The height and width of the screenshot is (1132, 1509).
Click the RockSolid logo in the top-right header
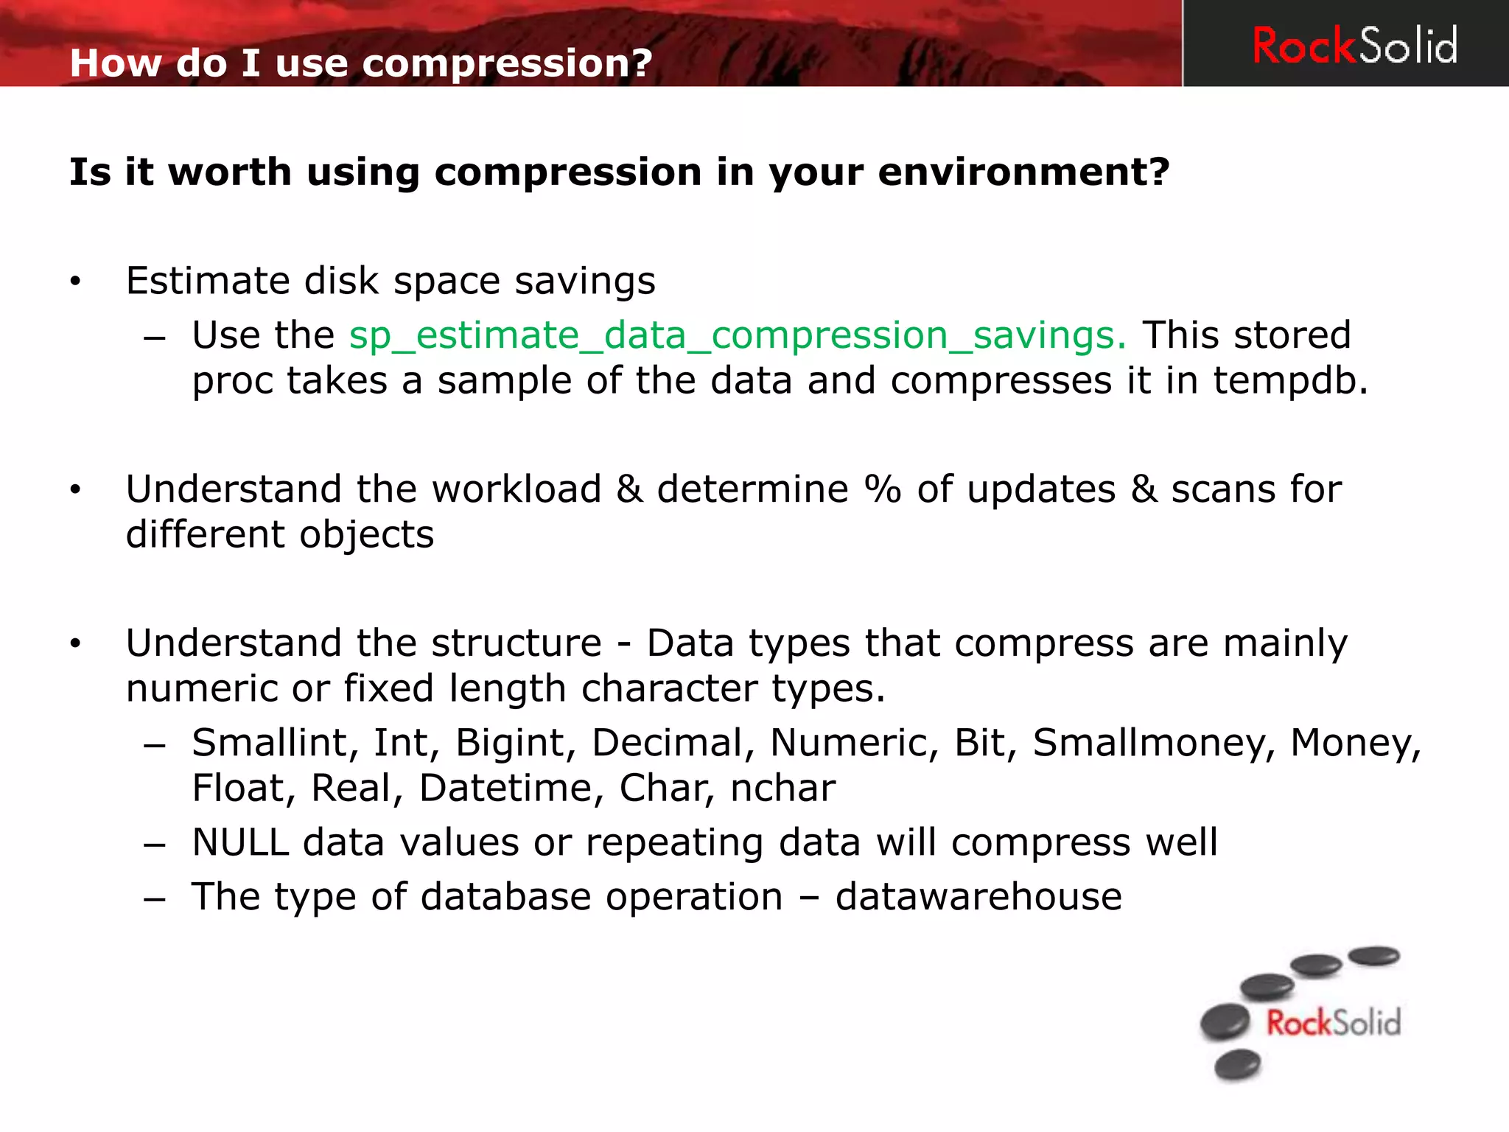pyautogui.click(x=1354, y=46)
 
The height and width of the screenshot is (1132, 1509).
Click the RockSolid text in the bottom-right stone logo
pyautogui.click(x=1333, y=1023)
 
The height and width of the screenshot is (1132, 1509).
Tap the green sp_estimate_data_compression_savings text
pyautogui.click(x=737, y=336)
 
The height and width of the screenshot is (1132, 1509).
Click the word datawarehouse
pyautogui.click(x=978, y=897)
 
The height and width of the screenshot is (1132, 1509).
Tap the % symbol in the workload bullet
pyautogui.click(x=882, y=489)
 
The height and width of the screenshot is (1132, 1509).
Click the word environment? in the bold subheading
pyautogui.click(x=1023, y=172)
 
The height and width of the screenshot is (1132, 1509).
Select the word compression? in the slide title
pyautogui.click(x=507, y=63)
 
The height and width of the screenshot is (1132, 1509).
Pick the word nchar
pyautogui.click(x=782, y=788)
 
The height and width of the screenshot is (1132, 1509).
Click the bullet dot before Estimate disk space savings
pyautogui.click(x=74, y=282)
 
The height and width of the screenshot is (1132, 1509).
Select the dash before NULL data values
pyautogui.click(x=155, y=845)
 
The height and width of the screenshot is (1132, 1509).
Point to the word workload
pyautogui.click(x=517, y=489)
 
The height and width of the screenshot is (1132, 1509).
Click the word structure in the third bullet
pyautogui.click(x=517, y=643)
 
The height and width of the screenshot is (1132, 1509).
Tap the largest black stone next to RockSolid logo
pyautogui.click(x=1225, y=1022)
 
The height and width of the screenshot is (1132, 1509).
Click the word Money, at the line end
pyautogui.click(x=1354, y=743)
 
